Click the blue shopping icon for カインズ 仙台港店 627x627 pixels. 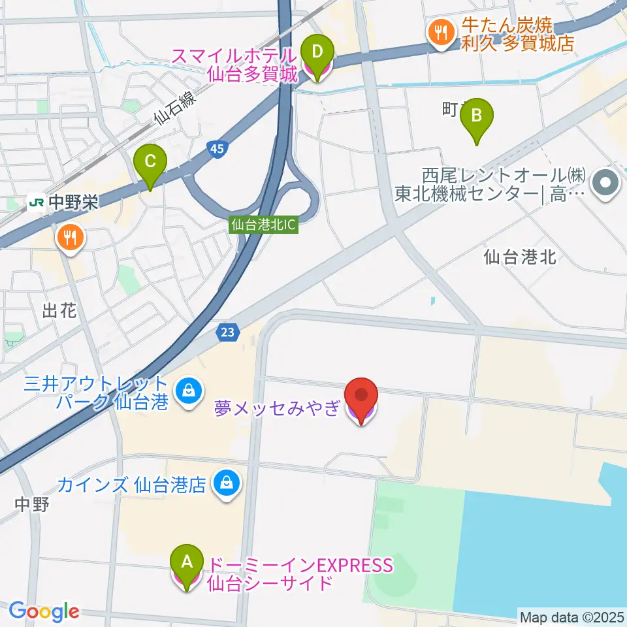[x=226, y=484]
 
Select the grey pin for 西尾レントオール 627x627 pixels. [x=605, y=182]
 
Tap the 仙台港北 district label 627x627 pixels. [x=520, y=257]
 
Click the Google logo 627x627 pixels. [x=44, y=611]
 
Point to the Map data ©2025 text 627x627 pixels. [x=571, y=616]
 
